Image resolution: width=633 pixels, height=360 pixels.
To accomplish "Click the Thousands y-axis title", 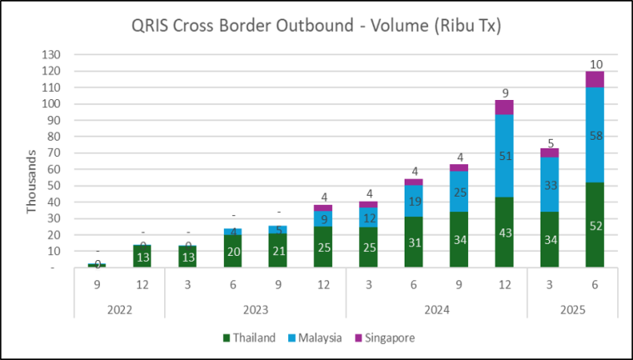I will (32, 182).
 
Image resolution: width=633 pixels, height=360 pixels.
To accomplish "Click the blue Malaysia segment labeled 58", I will (595, 134).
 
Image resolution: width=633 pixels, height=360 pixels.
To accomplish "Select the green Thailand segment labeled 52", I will (595, 225).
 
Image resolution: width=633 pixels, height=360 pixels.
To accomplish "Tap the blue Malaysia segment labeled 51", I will (504, 155).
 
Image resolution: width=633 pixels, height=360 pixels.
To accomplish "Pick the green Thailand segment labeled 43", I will (504, 232).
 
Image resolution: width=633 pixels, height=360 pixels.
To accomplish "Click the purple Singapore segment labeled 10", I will (595, 79).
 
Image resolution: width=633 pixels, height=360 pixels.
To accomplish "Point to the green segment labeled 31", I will (414, 242).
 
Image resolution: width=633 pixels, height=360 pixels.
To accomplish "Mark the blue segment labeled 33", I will (550, 184).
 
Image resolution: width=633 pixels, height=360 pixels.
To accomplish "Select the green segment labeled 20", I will (232, 251).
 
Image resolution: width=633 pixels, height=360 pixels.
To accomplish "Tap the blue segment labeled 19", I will (414, 201).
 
